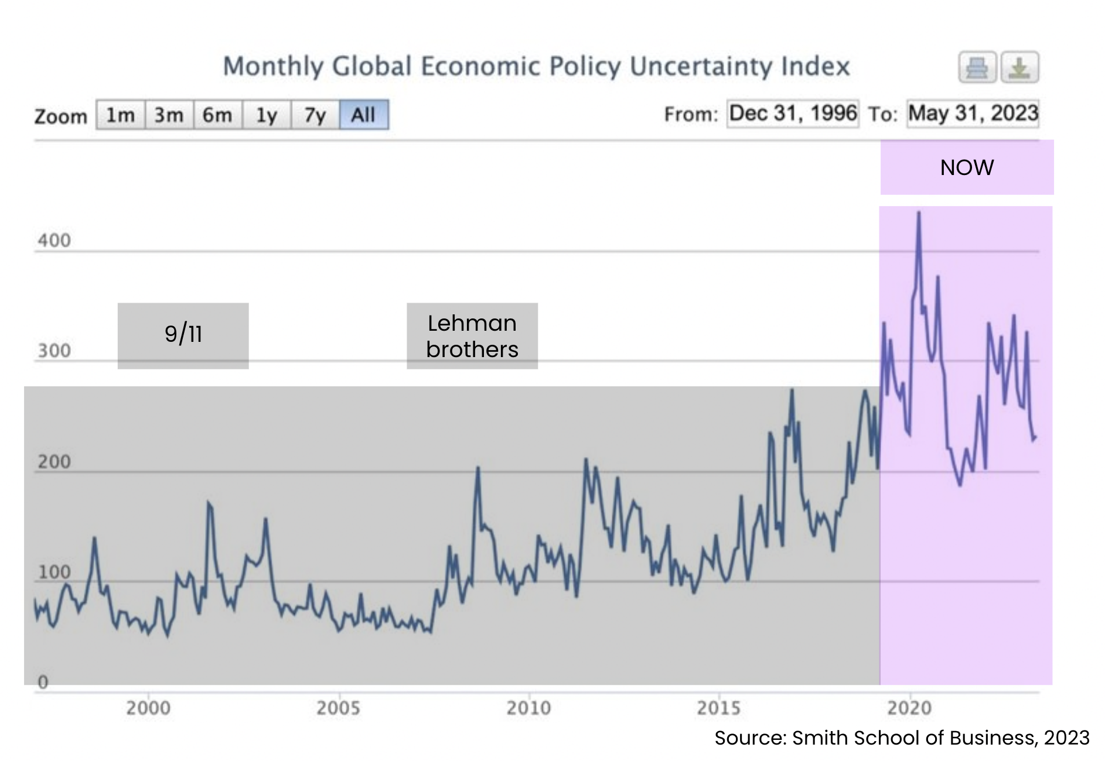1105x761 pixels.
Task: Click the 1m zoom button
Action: click(x=120, y=115)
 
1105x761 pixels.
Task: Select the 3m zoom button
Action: click(x=169, y=115)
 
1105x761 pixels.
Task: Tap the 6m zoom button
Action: click(x=217, y=115)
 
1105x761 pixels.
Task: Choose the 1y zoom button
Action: click(x=267, y=115)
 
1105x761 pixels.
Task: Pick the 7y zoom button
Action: click(x=315, y=115)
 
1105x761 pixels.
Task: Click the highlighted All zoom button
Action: click(x=363, y=115)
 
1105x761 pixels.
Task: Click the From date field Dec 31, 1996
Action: click(x=793, y=113)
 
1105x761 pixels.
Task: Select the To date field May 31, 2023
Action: click(x=973, y=113)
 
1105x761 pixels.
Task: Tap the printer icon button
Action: click(x=977, y=68)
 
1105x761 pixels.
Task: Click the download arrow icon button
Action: click(x=1019, y=68)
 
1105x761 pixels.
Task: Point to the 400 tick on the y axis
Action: click(x=54, y=241)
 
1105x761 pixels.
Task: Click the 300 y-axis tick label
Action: click(x=54, y=351)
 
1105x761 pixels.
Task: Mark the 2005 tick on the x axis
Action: click(x=338, y=708)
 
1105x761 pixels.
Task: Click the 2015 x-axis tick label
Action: click(x=719, y=708)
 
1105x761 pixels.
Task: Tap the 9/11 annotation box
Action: click(x=183, y=335)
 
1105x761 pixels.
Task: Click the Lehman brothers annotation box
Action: click(x=472, y=336)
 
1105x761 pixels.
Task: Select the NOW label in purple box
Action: click(x=967, y=168)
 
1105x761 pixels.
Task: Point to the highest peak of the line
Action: click(x=919, y=213)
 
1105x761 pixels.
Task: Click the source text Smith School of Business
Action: click(x=914, y=738)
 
